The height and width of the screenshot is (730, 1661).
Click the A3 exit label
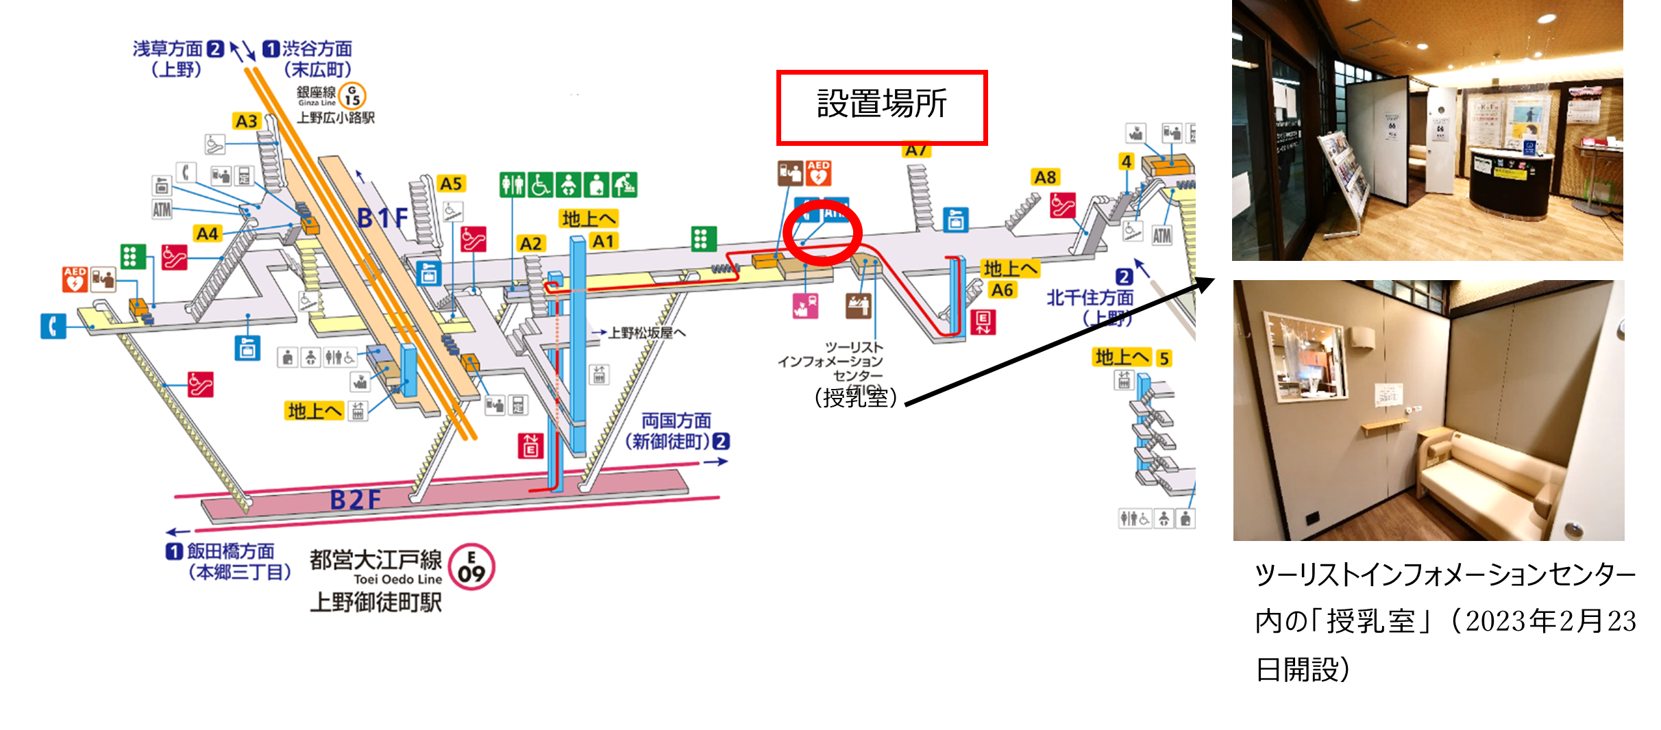point(246,121)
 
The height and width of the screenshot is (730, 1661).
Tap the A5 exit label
point(450,184)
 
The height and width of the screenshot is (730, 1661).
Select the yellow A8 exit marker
point(1044,177)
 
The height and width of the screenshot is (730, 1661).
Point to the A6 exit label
point(1001,290)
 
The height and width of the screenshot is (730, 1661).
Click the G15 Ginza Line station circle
point(352,95)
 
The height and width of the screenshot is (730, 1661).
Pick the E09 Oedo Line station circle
point(471,567)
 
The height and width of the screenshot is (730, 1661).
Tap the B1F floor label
point(382,218)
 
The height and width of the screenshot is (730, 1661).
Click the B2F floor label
point(355,500)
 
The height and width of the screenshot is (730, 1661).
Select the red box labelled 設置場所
point(881,107)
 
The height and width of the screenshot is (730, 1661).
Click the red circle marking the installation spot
point(822,231)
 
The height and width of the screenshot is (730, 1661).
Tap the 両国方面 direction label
point(676,420)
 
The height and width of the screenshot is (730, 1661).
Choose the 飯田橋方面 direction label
point(230,551)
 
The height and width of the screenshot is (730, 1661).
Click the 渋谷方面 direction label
point(317,49)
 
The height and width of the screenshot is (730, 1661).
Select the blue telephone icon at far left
point(53,326)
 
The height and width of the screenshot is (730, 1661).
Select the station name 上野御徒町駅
point(376,603)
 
